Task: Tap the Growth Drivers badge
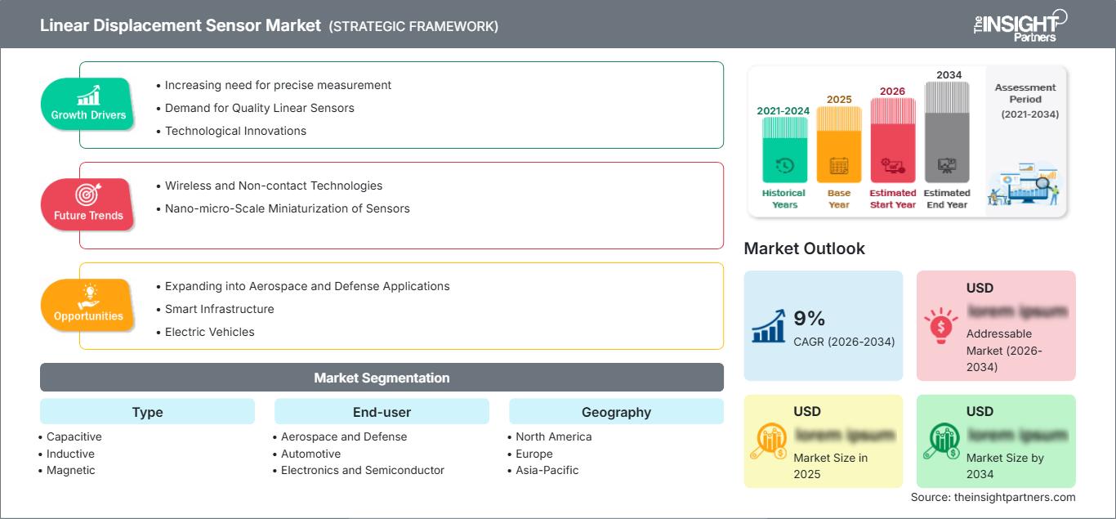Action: click(x=88, y=104)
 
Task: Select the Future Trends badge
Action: click(x=88, y=204)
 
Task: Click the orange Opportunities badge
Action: click(x=88, y=305)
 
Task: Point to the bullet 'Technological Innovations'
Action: click(x=235, y=131)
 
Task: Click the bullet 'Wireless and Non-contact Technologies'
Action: click(x=273, y=186)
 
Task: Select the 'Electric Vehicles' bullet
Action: click(x=209, y=332)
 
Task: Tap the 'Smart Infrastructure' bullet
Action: click(x=219, y=309)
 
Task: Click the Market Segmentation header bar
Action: click(x=382, y=378)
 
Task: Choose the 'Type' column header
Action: click(x=147, y=412)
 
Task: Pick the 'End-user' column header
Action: click(x=382, y=412)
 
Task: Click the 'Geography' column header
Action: click(x=616, y=412)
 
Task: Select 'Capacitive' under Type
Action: click(x=74, y=436)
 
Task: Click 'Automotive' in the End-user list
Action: click(x=310, y=454)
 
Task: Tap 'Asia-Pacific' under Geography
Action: click(x=547, y=470)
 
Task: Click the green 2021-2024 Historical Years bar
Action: click(x=784, y=149)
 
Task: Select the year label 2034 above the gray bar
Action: click(x=949, y=75)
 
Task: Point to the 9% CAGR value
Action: click(x=809, y=319)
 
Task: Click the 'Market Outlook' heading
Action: click(x=804, y=248)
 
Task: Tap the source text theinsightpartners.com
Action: click(x=993, y=497)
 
